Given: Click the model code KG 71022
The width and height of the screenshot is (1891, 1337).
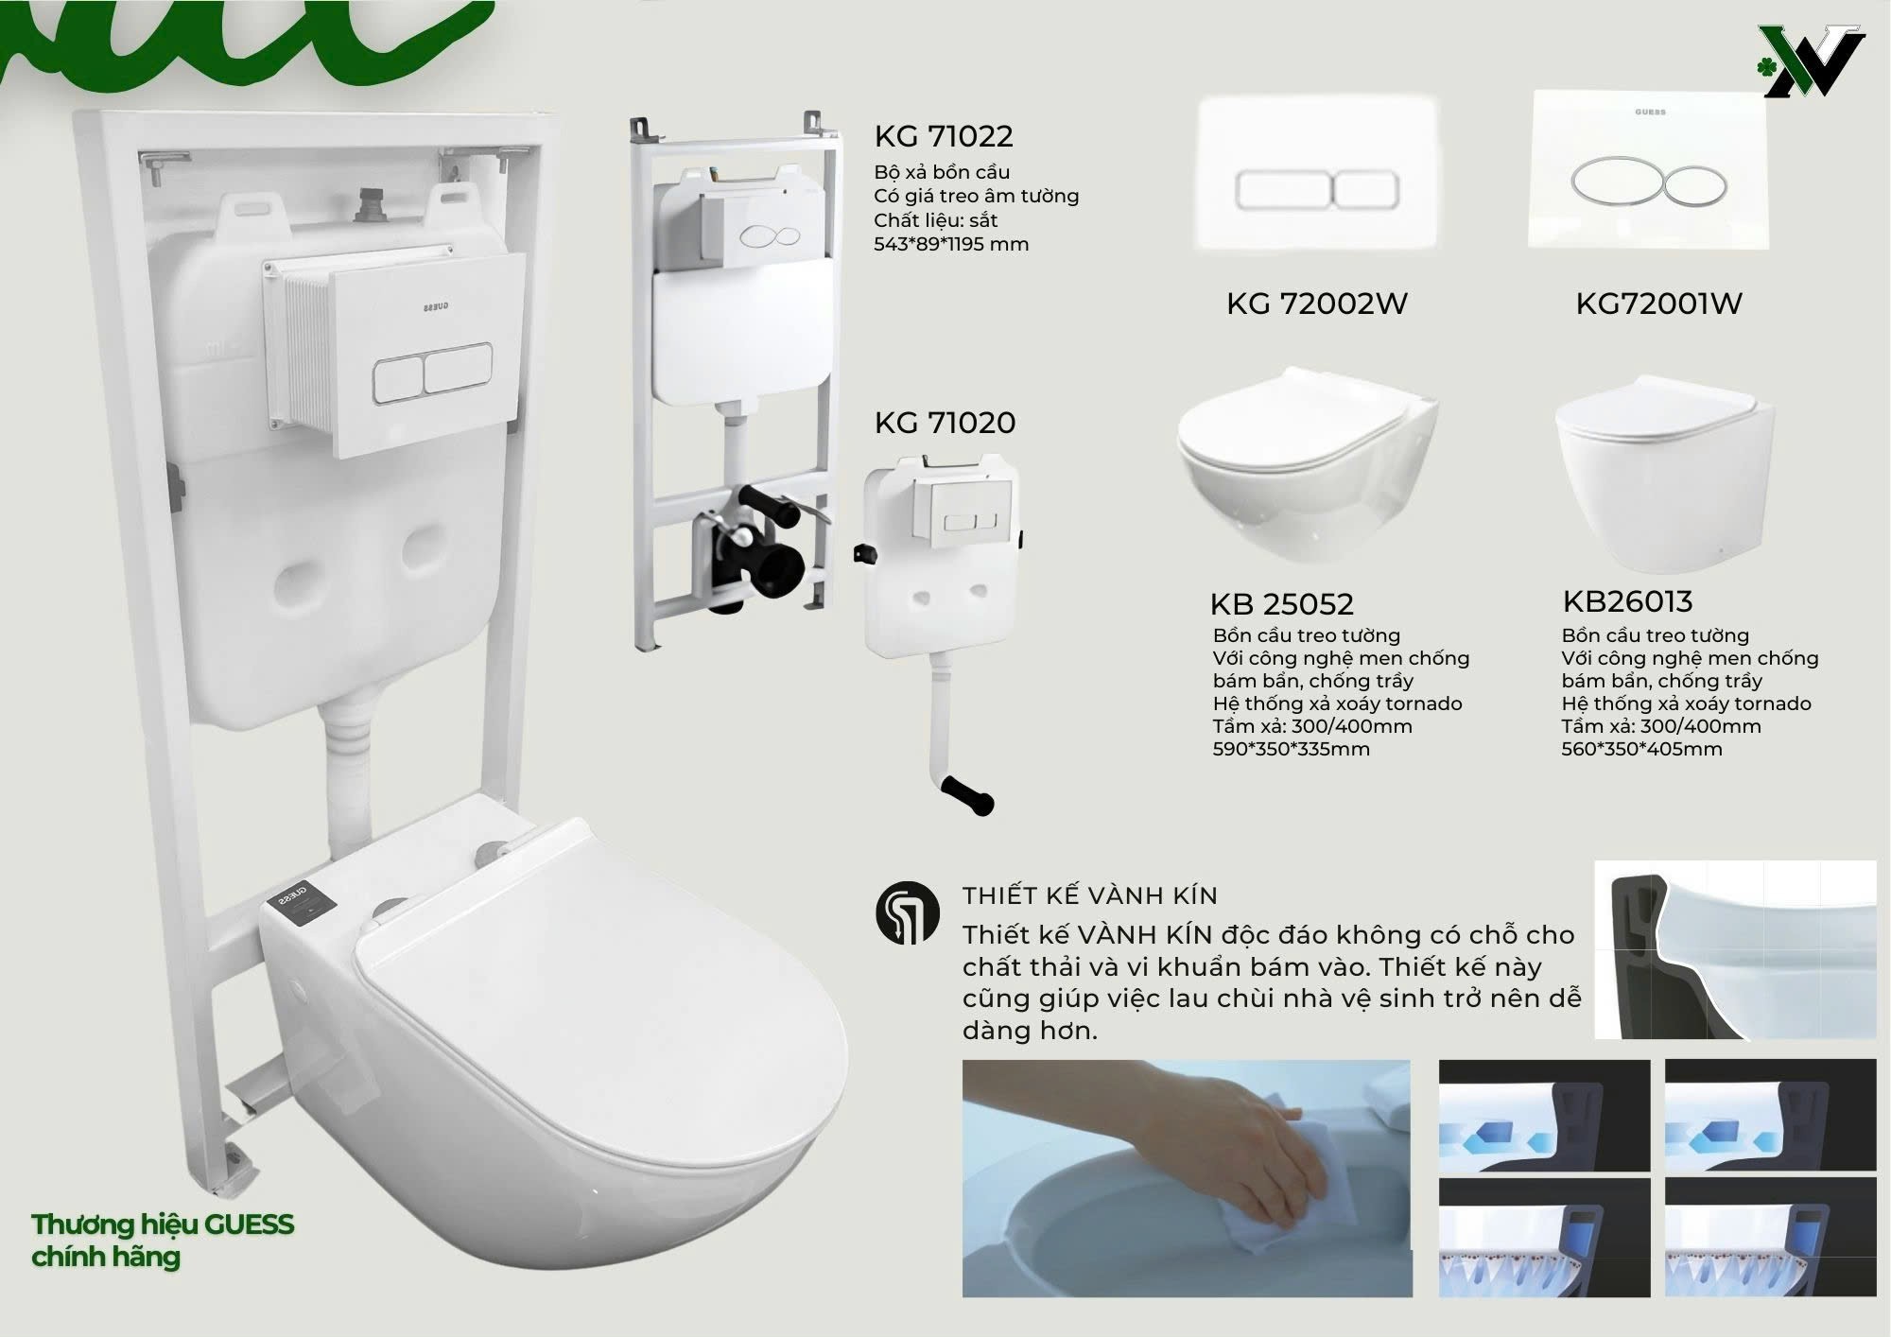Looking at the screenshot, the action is (944, 136).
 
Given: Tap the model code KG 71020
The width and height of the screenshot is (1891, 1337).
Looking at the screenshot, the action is (945, 422).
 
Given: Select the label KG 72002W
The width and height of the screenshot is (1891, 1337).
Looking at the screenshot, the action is (1317, 304).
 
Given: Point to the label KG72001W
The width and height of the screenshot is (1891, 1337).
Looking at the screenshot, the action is (1658, 304).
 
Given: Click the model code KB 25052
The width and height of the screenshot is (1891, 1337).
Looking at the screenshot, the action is (1281, 603).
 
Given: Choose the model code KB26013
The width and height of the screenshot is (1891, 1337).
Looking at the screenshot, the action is (1627, 601).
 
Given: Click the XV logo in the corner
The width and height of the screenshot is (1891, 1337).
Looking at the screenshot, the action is (1813, 61).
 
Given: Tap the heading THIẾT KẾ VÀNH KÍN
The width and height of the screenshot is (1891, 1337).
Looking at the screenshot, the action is (1090, 895).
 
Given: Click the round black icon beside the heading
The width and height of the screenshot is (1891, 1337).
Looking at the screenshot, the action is (908, 913).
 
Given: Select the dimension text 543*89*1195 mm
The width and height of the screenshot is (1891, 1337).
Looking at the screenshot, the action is (951, 244).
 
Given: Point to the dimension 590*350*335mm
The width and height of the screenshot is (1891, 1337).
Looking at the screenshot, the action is (1291, 749).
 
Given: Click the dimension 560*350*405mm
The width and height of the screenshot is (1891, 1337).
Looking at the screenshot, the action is (1641, 749).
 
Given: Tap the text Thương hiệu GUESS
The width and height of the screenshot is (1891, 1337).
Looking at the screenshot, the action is (163, 1224).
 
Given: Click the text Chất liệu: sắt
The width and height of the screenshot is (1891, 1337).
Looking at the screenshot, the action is (935, 220).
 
